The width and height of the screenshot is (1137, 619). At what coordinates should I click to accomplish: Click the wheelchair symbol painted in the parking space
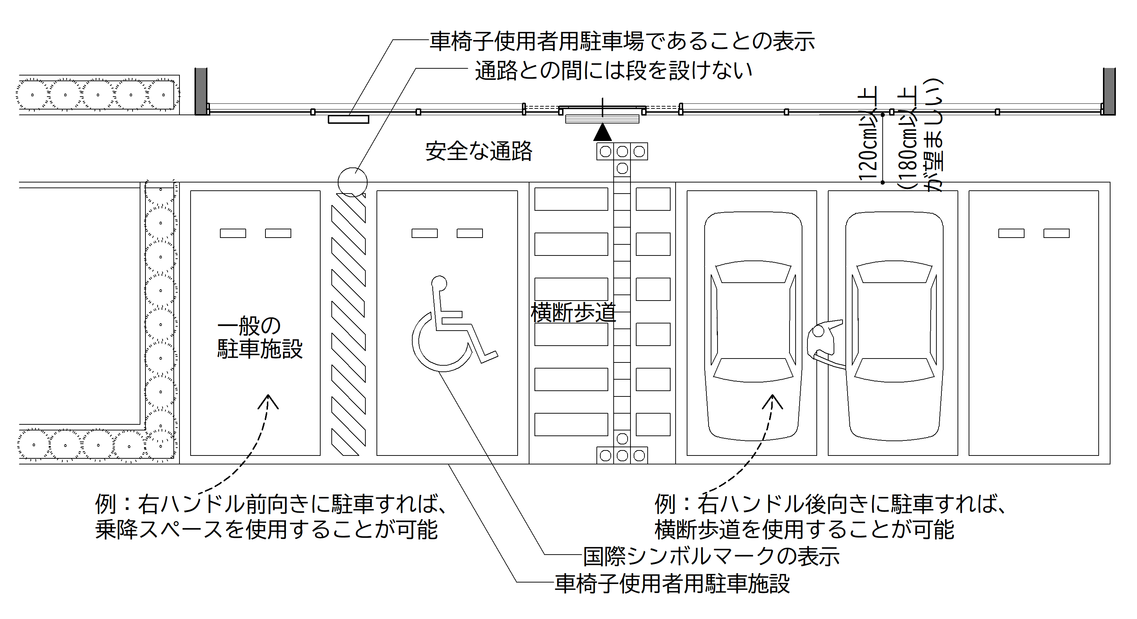coord(450,326)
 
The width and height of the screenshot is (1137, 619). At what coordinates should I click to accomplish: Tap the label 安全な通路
coord(479,151)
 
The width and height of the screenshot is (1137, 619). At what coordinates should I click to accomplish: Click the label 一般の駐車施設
coord(259,338)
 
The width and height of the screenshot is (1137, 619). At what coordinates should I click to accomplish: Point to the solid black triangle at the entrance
coord(603,133)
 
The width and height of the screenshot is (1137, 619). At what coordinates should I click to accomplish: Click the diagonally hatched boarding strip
coord(349,324)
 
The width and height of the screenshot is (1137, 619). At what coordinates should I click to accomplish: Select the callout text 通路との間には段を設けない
coord(614,70)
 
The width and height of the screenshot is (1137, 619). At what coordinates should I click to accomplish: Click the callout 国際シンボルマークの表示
coord(711,556)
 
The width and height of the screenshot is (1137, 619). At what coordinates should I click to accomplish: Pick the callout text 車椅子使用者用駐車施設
coord(672,583)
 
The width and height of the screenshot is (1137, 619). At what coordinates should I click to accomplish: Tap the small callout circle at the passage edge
coord(352,182)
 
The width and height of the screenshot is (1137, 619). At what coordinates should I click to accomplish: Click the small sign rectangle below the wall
coord(348,120)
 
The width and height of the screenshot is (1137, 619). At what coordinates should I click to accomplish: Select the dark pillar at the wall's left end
coord(201,91)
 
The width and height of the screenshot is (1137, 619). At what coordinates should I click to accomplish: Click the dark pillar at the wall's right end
coord(1109,91)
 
